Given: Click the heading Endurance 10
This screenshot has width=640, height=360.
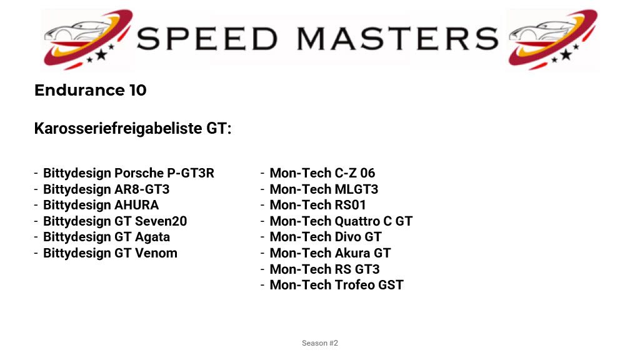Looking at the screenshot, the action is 90,90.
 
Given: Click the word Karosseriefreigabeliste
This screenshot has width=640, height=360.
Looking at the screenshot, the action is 118,128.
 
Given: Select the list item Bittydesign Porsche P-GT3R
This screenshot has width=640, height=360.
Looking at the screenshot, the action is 129,173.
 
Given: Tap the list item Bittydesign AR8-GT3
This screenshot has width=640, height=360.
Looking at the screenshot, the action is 106,189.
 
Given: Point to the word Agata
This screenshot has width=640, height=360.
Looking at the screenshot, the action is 152,237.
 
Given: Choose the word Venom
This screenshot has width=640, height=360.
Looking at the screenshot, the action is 156,253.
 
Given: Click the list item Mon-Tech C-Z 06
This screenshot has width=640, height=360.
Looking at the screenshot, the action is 322,173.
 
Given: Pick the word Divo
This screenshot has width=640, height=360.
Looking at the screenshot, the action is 347,237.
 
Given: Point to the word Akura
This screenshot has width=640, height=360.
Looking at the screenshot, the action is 352,253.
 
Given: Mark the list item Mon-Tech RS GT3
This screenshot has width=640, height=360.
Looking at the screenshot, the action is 324,269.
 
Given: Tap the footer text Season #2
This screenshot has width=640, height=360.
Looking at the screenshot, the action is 320,343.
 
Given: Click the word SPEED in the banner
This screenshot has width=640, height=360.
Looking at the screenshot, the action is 207,39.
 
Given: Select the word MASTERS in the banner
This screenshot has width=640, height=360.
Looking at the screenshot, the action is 397,39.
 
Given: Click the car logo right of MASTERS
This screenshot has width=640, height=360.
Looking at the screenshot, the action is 552,39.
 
